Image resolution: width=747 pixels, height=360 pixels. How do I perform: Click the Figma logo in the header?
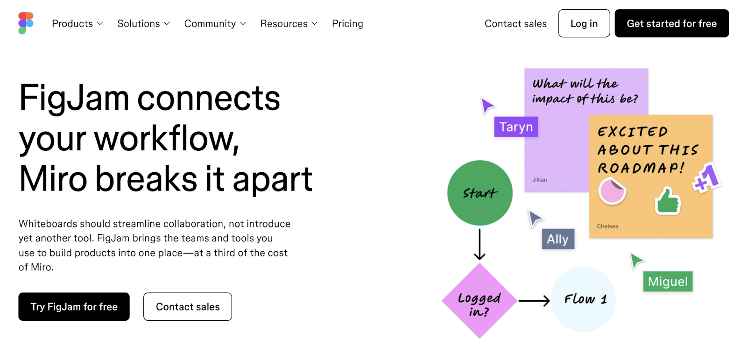(26, 23)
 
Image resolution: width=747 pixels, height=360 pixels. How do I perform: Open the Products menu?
(77, 24)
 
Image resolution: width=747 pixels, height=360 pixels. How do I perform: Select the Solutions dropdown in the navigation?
(143, 24)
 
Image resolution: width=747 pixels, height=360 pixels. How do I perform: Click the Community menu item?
(215, 24)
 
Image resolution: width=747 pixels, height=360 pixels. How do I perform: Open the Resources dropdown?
(289, 24)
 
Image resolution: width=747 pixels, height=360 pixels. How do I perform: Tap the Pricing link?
(347, 24)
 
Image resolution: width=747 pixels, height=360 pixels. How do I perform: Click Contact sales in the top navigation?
(515, 24)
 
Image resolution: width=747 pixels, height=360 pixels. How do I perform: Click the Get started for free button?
(671, 24)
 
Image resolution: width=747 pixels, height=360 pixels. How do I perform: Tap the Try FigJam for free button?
(74, 307)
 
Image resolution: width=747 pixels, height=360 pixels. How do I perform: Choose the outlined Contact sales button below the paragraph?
(188, 307)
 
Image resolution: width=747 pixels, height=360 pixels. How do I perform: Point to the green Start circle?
(479, 193)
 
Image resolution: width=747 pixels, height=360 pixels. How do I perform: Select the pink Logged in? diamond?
(479, 301)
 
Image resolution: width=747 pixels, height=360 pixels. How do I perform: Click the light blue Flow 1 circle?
(584, 299)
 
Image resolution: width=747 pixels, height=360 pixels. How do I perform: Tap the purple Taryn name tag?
(516, 127)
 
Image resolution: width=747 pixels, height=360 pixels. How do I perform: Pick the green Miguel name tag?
(668, 282)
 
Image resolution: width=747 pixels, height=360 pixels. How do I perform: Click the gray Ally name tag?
(558, 239)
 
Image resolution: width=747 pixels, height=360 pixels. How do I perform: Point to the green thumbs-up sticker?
(668, 201)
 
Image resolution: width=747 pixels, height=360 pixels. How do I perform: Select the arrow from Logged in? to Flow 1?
(534, 301)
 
